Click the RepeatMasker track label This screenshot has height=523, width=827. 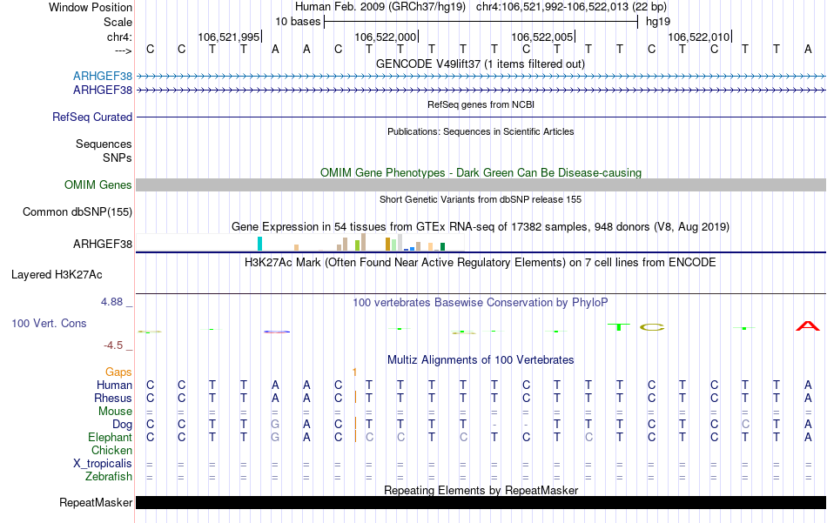coord(96,503)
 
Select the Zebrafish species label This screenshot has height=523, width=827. coord(109,477)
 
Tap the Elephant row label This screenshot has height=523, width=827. coord(110,438)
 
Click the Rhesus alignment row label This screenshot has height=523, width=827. coord(112,399)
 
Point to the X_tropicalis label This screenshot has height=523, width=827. coord(103,464)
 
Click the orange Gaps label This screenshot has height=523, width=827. coord(118,372)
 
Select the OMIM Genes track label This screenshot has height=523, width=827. coord(98,185)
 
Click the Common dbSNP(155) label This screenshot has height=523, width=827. coord(77,212)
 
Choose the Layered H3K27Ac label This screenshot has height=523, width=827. coord(57,275)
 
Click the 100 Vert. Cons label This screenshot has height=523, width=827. coord(49,324)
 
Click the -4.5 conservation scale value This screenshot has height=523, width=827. coord(117,345)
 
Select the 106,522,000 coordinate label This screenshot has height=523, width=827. coord(386,37)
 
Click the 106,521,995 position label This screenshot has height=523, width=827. coord(229,37)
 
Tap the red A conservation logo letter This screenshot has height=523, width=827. coord(808,326)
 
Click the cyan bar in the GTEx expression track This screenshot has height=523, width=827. coord(259,244)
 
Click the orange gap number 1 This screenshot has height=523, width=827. coord(354,372)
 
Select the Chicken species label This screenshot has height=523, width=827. coord(111,451)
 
